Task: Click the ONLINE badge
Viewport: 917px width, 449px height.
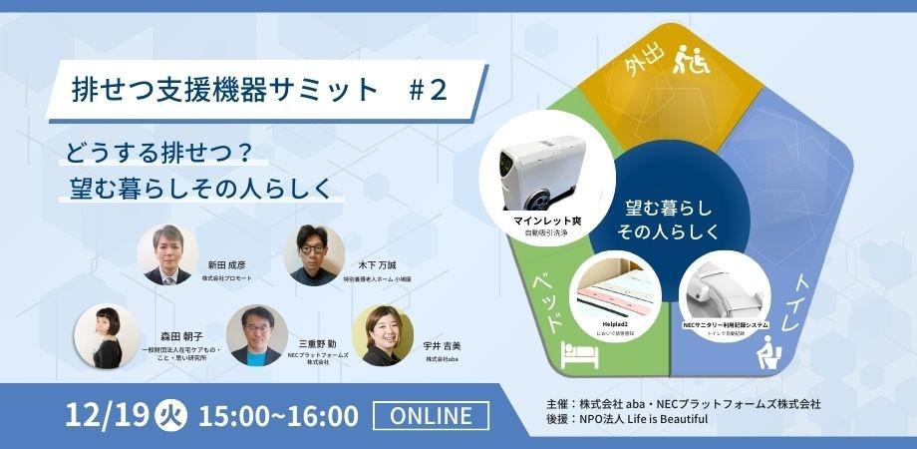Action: (431, 414)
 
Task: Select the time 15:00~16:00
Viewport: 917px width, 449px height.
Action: (278, 414)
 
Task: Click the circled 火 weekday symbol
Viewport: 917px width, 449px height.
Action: (169, 414)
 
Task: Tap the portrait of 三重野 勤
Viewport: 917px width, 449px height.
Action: (255, 334)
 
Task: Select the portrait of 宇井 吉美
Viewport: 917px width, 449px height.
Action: (382, 335)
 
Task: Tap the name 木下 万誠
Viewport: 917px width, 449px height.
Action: (378, 265)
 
